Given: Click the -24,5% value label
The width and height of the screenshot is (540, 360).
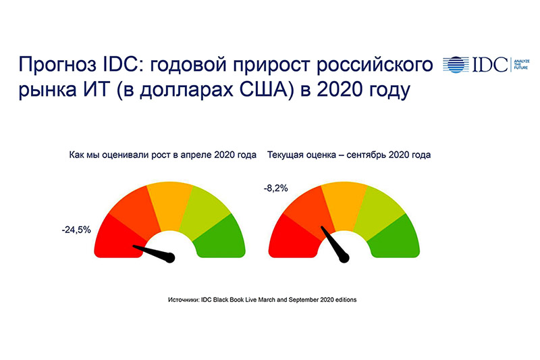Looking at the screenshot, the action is click(76, 230).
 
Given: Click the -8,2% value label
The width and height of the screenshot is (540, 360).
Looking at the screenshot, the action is click(275, 188).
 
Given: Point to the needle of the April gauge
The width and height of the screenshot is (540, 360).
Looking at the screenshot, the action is click(154, 253).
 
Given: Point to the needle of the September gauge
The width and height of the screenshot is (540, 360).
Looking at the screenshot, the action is click(335, 244).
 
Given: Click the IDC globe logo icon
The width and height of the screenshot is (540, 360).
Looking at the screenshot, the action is click(456, 64).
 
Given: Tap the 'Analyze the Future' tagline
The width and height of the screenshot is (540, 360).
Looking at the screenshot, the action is click(521, 64).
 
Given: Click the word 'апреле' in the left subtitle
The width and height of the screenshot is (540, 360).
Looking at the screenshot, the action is click(196, 155).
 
